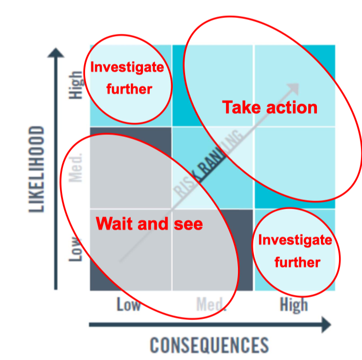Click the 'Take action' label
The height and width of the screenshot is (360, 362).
(270, 108)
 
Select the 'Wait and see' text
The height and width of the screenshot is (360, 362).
(149, 224)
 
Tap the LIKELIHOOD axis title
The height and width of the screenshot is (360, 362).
(36, 169)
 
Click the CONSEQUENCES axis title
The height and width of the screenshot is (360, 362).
(209, 345)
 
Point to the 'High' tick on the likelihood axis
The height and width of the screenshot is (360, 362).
(76, 85)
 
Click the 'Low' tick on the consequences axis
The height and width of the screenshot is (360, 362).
(128, 305)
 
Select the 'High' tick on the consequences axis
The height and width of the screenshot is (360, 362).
(294, 305)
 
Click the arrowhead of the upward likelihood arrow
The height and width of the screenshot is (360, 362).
(56, 52)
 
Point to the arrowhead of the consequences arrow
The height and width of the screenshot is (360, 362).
(325, 324)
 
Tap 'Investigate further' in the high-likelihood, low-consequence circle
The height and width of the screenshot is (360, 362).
(127, 78)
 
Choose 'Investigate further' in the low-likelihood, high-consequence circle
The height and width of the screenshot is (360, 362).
(296, 251)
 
